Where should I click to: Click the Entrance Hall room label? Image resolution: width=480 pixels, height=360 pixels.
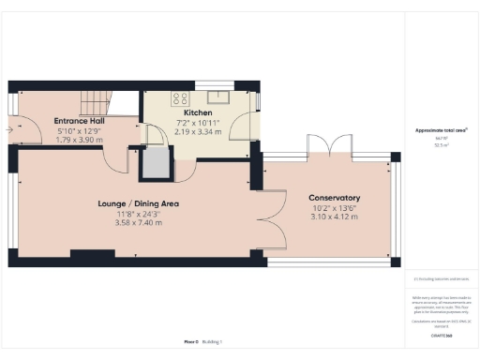click(78, 121)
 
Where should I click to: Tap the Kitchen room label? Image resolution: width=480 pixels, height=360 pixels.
click(198, 113)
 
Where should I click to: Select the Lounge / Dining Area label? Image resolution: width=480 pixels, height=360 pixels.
click(138, 203)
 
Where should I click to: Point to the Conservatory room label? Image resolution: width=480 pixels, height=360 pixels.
click(335, 198)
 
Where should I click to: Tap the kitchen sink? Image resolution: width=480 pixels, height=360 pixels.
click(221, 96)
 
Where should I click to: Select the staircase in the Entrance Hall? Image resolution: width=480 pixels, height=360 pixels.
click(97, 100)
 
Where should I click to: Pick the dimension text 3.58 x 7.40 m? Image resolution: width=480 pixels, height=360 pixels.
click(138, 223)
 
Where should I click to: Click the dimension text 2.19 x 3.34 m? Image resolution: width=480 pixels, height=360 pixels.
click(198, 132)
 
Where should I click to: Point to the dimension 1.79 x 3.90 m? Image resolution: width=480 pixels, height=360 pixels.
click(78, 140)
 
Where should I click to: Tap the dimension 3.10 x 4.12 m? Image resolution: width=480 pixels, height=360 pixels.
click(335, 217)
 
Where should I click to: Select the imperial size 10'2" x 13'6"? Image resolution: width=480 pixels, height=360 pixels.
click(335, 207)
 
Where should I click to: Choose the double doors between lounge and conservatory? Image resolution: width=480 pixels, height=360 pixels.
click(274, 217)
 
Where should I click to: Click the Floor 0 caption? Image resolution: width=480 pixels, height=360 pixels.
click(191, 342)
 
